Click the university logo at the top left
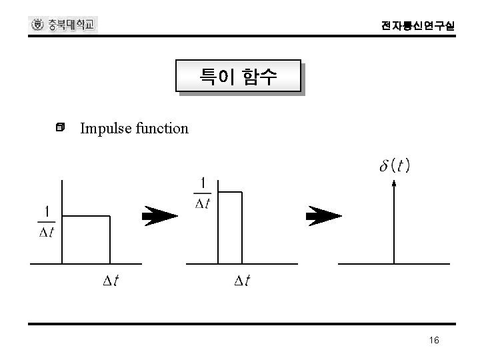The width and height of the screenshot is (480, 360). (63, 25)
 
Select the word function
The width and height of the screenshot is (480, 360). (161, 128)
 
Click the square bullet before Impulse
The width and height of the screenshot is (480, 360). (60, 127)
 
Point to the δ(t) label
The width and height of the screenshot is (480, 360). (395, 166)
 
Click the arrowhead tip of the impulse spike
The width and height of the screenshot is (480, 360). (395, 184)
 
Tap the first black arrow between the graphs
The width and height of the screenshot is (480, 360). (160, 216)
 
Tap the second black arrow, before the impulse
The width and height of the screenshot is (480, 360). (323, 216)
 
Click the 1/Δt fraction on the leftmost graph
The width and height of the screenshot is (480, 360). (46, 222)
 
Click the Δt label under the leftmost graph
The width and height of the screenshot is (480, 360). (111, 281)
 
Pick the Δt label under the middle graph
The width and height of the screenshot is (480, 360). (242, 281)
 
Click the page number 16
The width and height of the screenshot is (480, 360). (434, 341)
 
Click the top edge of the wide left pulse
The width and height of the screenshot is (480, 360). (85, 216)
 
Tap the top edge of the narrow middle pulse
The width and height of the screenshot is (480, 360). (227, 192)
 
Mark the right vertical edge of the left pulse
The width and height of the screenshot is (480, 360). (110, 239)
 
